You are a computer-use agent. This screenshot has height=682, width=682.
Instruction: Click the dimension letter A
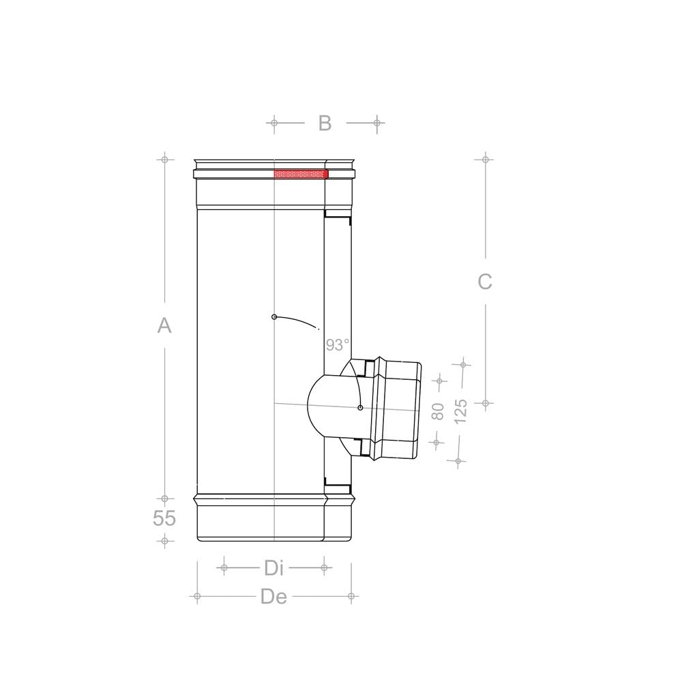164,325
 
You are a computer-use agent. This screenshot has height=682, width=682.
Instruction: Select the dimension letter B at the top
325,123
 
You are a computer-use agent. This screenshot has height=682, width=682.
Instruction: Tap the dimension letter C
485,282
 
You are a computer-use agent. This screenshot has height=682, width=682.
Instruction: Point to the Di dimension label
273,567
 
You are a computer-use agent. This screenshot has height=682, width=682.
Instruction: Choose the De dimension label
273,596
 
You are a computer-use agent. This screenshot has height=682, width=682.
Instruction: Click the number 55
164,518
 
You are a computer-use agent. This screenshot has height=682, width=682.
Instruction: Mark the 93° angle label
338,345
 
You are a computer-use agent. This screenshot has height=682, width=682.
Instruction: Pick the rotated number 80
438,411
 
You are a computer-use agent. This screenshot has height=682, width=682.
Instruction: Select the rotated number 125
460,411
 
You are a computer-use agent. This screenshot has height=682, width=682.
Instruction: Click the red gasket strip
301,174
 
